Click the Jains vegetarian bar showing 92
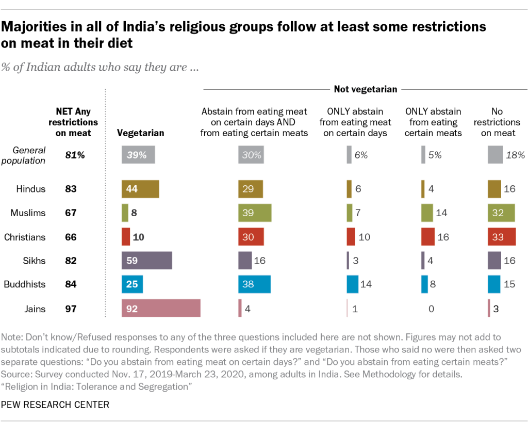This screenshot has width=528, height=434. pyautogui.click(x=161, y=309)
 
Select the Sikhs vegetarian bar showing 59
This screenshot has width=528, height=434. pyautogui.click(x=146, y=261)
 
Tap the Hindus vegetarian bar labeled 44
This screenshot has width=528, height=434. pyautogui.click(x=140, y=189)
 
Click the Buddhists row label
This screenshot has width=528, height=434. pyautogui.click(x=25, y=284)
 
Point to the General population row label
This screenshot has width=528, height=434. pyautogui.click(x=29, y=155)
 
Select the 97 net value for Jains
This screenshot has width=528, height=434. pyautogui.click(x=71, y=309)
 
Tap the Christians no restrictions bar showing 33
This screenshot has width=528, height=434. pyautogui.click(x=501, y=237)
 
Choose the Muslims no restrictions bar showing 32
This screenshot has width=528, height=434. pyautogui.click(x=501, y=213)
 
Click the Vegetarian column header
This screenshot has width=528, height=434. pyautogui.click(x=141, y=133)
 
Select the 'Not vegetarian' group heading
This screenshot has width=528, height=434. pyautogui.click(x=365, y=89)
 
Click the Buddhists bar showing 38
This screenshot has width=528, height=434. pyautogui.click(x=254, y=284)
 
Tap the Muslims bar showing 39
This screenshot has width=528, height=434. pyautogui.click(x=255, y=213)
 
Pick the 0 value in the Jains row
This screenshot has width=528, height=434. pyautogui.click(x=431, y=309)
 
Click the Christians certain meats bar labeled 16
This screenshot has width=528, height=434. pyautogui.click(x=428, y=237)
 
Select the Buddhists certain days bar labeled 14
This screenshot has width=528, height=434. pyautogui.click(x=353, y=284)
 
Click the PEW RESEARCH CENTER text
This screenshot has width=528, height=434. pyautogui.click(x=55, y=405)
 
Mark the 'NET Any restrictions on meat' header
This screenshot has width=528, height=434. pyautogui.click(x=73, y=122)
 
